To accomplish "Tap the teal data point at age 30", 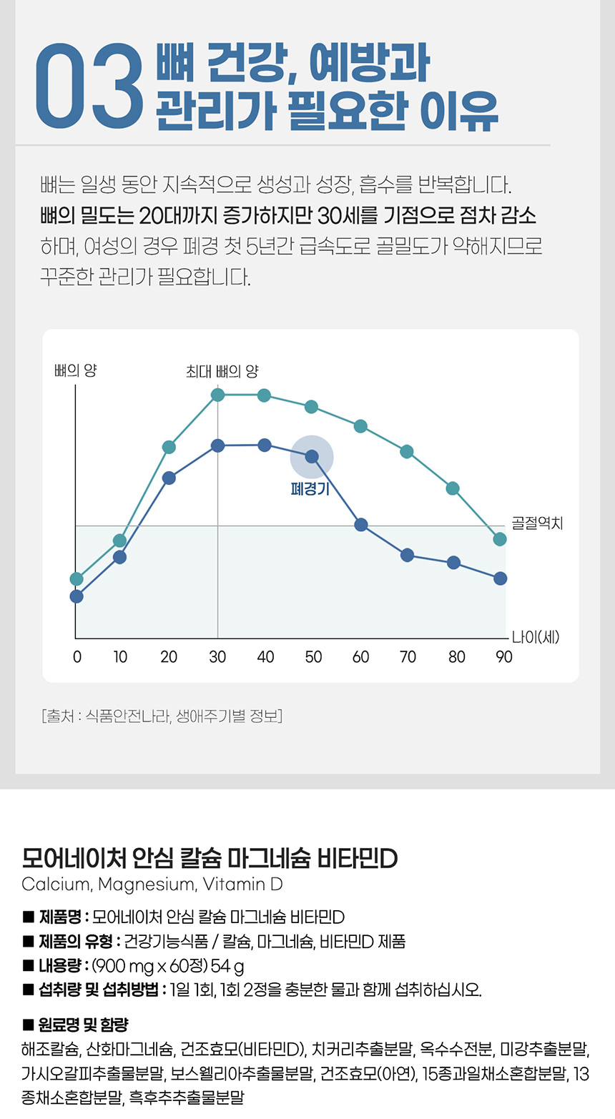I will click(217, 395).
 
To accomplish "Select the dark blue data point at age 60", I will click(361, 525).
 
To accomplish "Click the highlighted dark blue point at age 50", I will click(312, 455).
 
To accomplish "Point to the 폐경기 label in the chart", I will click(310, 489).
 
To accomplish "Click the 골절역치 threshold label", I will click(537, 523).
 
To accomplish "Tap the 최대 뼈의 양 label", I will click(222, 371).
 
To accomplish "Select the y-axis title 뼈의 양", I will click(75, 370).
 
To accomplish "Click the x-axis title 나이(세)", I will click(535, 637).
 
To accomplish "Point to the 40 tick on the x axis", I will click(265, 657).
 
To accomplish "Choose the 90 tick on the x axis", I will click(504, 657).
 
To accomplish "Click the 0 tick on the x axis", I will click(77, 657).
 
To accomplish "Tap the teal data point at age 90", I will click(500, 539).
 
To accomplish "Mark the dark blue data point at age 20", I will click(169, 478).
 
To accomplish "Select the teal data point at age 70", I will click(407, 451).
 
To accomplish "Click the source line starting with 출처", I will click(162, 716).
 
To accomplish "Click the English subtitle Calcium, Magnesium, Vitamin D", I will click(152, 884).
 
